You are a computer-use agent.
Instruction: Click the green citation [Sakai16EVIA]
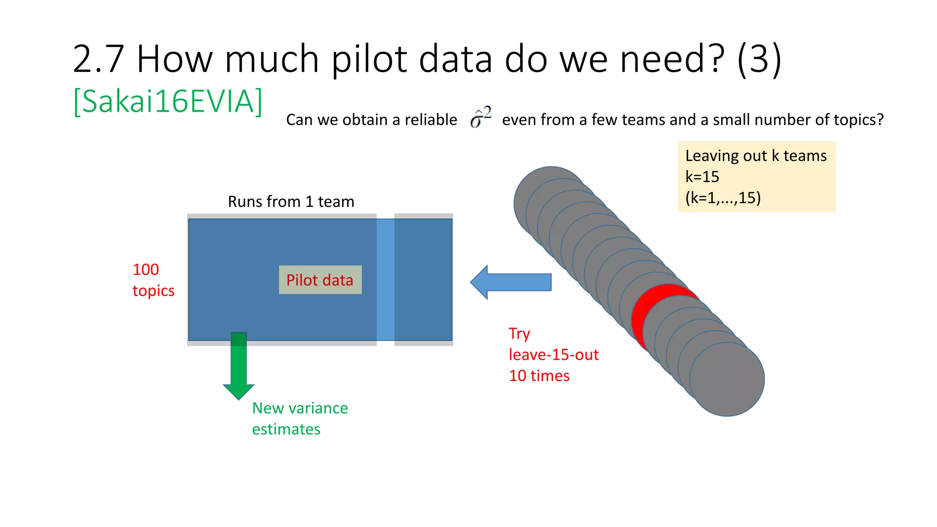168,102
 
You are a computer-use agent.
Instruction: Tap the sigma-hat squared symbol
480,117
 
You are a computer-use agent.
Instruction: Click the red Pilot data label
320,280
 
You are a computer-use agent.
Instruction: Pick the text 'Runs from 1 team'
291,202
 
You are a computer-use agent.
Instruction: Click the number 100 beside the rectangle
145,269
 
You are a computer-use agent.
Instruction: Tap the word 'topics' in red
153,291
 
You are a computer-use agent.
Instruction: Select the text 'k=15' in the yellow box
702,177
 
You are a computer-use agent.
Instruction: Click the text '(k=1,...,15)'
723,198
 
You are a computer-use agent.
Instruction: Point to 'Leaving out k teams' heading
756,156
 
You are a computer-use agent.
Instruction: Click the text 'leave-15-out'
554,355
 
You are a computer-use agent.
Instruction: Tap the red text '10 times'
539,376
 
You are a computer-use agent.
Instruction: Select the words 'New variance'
300,408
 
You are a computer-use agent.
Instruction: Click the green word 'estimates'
286,429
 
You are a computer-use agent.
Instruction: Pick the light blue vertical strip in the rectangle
385,280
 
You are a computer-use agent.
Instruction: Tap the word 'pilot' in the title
369,59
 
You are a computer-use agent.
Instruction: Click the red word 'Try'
519,334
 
